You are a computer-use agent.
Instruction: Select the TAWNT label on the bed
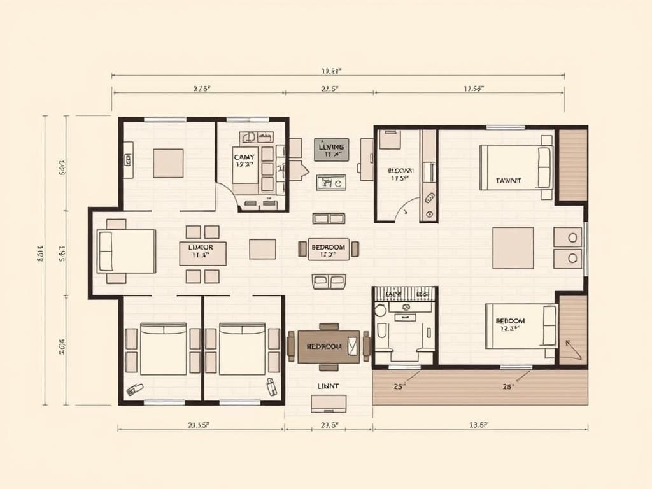pyautogui.click(x=508, y=181)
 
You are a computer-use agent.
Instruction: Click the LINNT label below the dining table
pyautogui.click(x=328, y=386)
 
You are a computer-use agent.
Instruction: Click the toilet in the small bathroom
pyautogui.click(x=382, y=332)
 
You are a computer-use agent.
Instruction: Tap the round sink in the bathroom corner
pyautogui.click(x=381, y=311)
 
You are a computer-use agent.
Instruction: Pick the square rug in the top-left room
pyautogui.click(x=168, y=163)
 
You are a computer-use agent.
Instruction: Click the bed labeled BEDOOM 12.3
pyautogui.click(x=521, y=326)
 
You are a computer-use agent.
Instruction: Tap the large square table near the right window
pyautogui.click(x=513, y=248)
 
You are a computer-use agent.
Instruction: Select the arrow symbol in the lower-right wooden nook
pyautogui.click(x=572, y=349)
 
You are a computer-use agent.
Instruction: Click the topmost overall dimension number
pyautogui.click(x=332, y=71)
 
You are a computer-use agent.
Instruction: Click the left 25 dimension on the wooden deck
pyautogui.click(x=399, y=386)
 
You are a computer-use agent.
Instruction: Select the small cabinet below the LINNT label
pyautogui.click(x=329, y=404)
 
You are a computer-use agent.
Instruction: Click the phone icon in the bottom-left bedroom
pyautogui.click(x=135, y=390)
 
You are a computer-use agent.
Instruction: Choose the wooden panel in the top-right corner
pyautogui.click(x=572, y=165)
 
